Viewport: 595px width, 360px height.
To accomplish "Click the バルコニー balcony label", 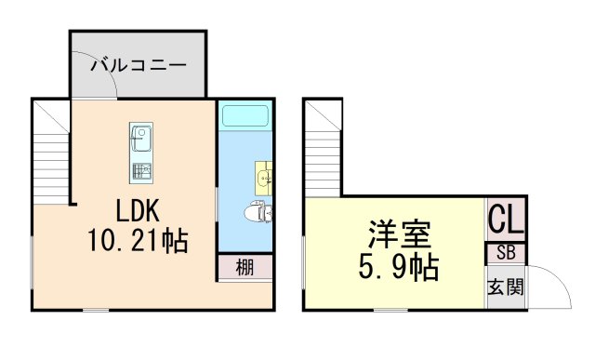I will [x=139, y=66].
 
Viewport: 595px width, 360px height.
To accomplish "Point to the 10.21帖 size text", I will [x=138, y=242].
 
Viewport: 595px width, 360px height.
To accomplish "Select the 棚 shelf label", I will [x=245, y=268].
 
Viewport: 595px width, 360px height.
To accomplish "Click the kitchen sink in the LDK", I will [x=142, y=142].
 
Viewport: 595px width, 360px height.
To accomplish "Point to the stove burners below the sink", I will [x=142, y=172].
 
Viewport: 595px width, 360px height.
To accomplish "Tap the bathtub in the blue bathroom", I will [x=244, y=116].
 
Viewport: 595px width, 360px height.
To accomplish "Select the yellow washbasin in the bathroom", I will [x=264, y=177].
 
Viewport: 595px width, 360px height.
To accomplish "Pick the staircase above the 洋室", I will [x=322, y=149].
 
